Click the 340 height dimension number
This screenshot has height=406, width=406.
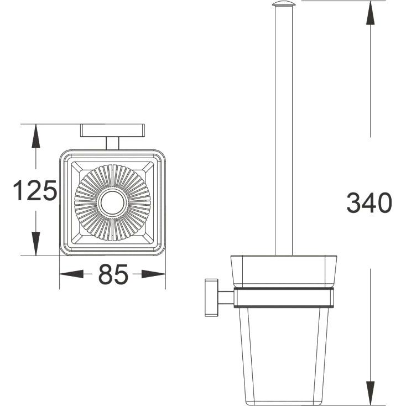(x=369, y=202)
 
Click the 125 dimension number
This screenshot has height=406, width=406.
(x=35, y=190)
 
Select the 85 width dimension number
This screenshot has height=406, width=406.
(x=113, y=274)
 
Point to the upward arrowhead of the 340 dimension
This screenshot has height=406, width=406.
(x=371, y=13)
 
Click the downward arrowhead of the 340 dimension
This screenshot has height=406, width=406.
(x=371, y=393)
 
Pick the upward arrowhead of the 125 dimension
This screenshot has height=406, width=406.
(x=36, y=136)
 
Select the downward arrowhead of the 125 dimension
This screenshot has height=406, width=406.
(x=36, y=243)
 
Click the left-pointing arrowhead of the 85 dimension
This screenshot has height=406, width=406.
(x=72, y=274)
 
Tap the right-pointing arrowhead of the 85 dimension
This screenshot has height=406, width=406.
(x=154, y=274)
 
